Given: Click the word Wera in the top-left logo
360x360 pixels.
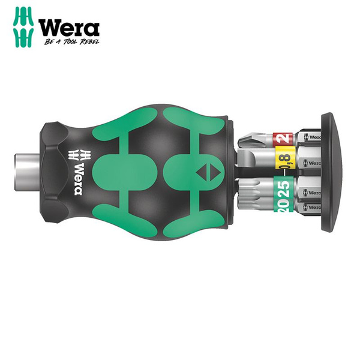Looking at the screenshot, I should (68, 28).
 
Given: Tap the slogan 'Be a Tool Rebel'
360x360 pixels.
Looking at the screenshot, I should (71, 43).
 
